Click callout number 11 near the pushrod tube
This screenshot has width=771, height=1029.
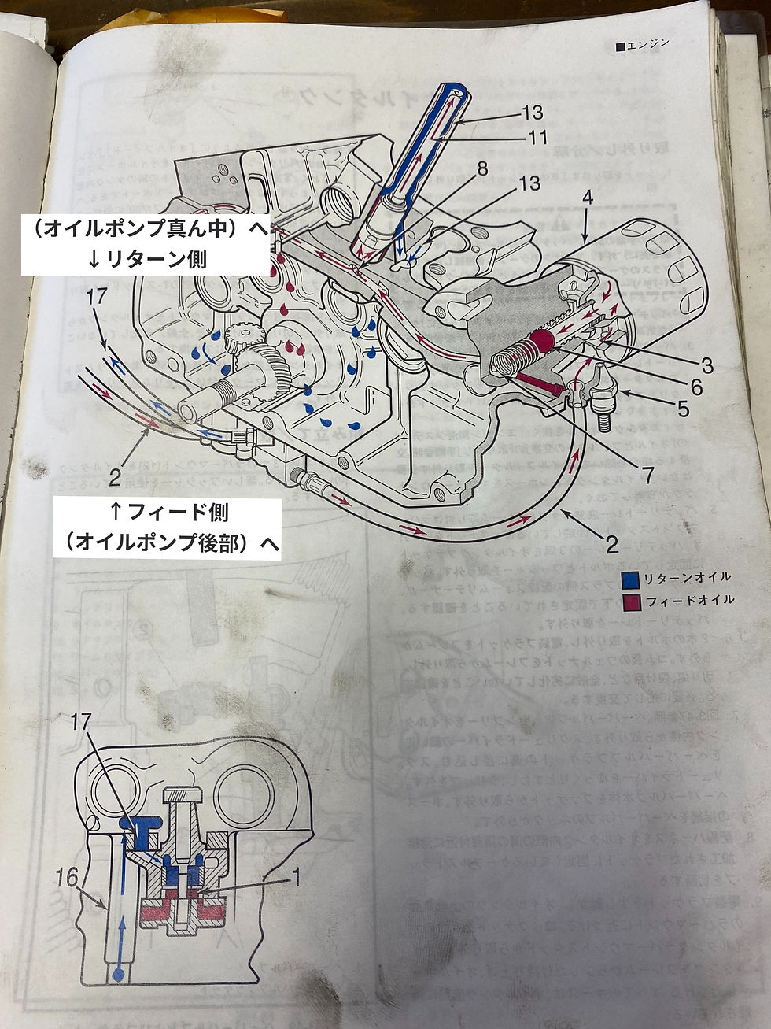tap(537, 138)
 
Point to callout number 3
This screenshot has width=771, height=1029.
tap(707, 365)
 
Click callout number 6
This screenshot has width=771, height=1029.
tap(697, 387)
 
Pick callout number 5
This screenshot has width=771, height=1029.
tap(683, 409)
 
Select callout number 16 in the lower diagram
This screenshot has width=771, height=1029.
tap(68, 876)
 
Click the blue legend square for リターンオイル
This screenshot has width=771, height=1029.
tap(629, 579)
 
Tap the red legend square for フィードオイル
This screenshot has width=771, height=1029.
tap(629, 602)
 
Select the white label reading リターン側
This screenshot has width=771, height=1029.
tap(147, 258)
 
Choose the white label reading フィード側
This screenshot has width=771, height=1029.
tap(168, 513)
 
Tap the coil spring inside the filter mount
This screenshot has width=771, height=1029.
tap(511, 359)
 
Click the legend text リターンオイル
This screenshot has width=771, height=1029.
tap(687, 578)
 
